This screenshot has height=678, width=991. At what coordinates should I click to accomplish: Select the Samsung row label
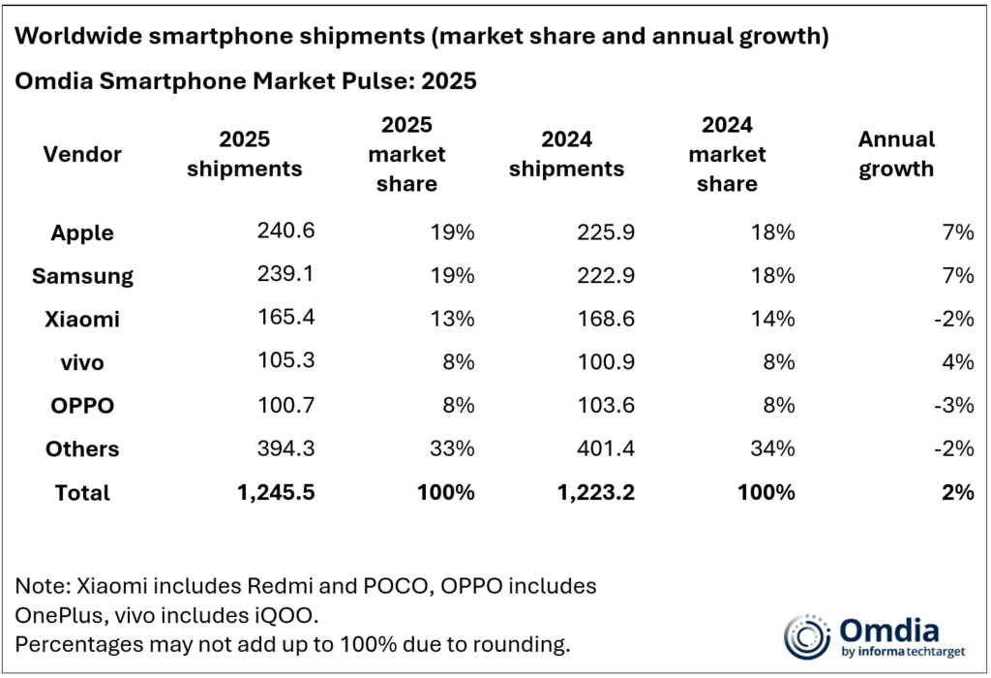coord(82,275)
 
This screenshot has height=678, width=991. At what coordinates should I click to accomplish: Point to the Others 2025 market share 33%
coord(452,448)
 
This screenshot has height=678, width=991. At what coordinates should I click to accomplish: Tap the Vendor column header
coord(82,154)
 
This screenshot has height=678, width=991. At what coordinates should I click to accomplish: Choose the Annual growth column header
coord(896,154)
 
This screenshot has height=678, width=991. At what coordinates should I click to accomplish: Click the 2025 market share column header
coord(406,154)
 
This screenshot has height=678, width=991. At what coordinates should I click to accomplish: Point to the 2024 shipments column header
coord(566,154)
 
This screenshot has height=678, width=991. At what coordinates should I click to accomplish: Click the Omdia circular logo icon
coord(807,636)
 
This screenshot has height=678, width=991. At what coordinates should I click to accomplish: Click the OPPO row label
coord(82,405)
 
